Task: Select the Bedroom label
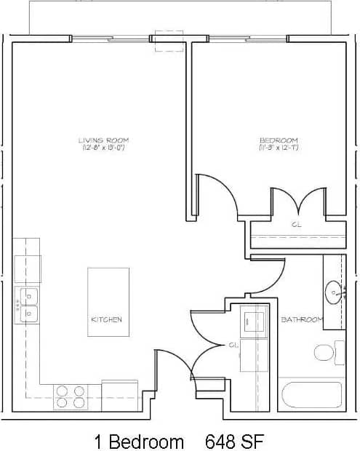[279, 140]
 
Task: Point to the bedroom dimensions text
[279, 148]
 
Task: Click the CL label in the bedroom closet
[296, 225]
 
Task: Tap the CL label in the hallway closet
[233, 344]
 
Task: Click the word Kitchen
[106, 319]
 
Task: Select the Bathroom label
[301, 319]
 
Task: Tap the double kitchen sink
[28, 305]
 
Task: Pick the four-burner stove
[71, 396]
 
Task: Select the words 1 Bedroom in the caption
[138, 441]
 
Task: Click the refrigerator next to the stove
[119, 394]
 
